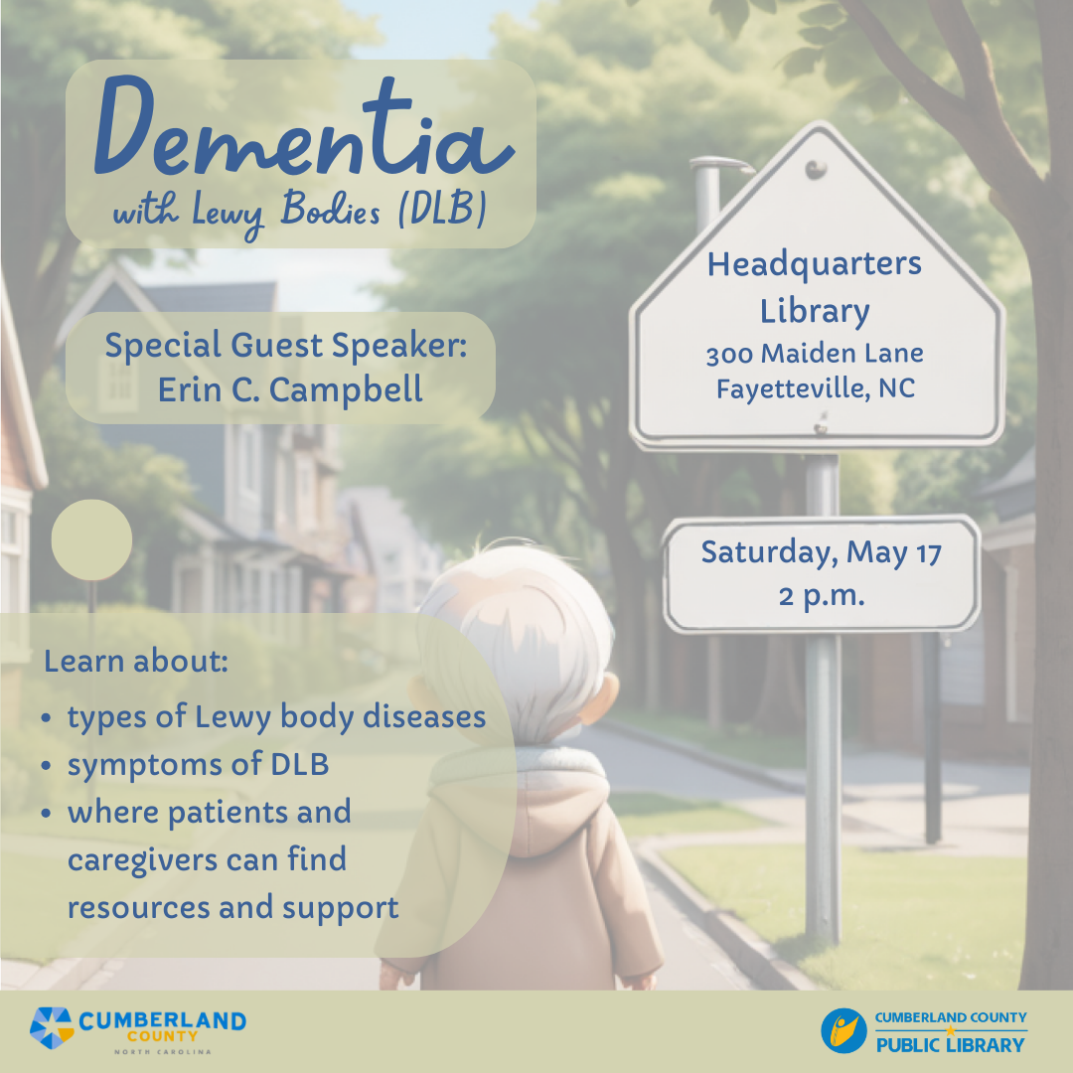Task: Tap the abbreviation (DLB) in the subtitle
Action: (x=443, y=209)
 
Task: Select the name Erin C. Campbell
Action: (x=290, y=390)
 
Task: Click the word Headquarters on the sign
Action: (x=815, y=265)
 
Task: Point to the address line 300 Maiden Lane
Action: (x=815, y=353)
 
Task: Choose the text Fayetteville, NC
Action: (x=815, y=388)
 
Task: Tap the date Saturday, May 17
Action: (x=822, y=553)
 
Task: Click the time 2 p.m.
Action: (x=822, y=596)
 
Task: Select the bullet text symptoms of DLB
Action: (x=198, y=765)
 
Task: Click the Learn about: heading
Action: (x=136, y=661)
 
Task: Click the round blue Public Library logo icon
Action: (x=843, y=1030)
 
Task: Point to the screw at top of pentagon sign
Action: (x=816, y=169)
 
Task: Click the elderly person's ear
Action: (x=601, y=698)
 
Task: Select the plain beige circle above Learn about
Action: (x=91, y=539)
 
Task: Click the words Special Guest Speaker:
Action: (x=286, y=345)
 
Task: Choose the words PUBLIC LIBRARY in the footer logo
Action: (x=951, y=1045)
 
